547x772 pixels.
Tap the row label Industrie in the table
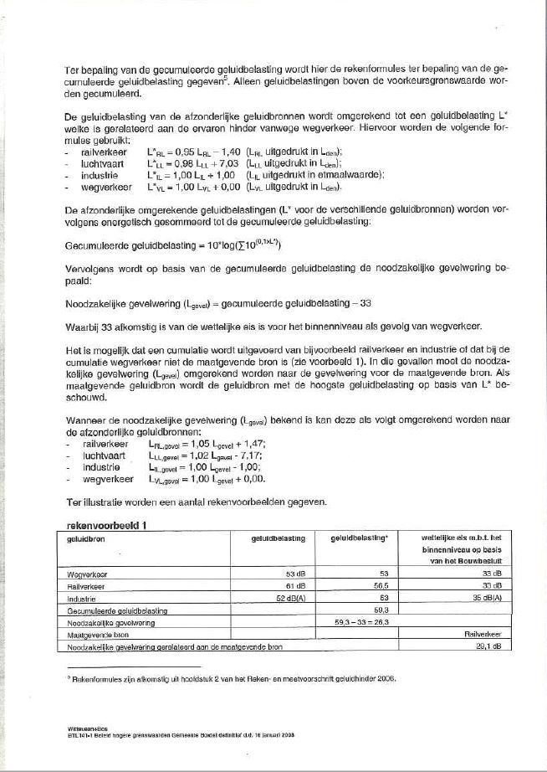pos(80,600)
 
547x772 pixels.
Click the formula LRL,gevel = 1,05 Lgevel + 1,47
pos(202,444)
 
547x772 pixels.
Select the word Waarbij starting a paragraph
pos(82,326)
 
